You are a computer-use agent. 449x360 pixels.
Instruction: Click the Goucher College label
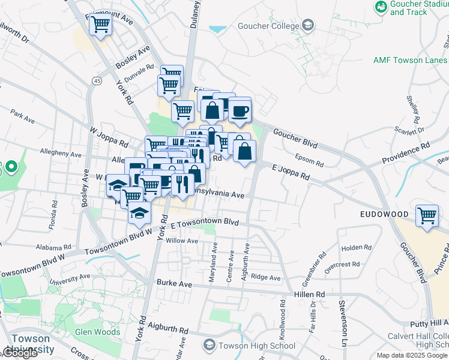[277, 26]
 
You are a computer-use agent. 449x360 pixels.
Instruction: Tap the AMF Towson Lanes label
[410, 60]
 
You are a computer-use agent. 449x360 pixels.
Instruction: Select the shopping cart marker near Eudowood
[426, 215]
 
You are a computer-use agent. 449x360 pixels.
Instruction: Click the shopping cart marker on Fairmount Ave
[100, 25]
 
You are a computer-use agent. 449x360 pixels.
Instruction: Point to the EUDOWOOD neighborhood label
[384, 214]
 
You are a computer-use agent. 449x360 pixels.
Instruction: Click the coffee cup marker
[240, 110]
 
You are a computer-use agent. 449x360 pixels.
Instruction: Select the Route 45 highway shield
[96, 80]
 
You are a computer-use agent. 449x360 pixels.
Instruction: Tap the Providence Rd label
[407, 154]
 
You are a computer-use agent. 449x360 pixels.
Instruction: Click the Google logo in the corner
[20, 353]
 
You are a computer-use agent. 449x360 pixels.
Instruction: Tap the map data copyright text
[412, 355]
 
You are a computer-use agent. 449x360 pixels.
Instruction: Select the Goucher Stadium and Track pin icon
[380, 7]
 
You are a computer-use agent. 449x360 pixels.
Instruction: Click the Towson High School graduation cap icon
[209, 345]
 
